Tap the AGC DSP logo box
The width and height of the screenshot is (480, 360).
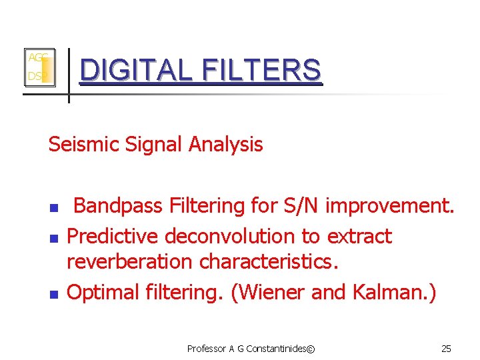pos(39,68)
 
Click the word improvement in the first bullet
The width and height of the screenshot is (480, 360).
pos(390,207)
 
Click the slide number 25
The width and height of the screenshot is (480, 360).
pos(446,349)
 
